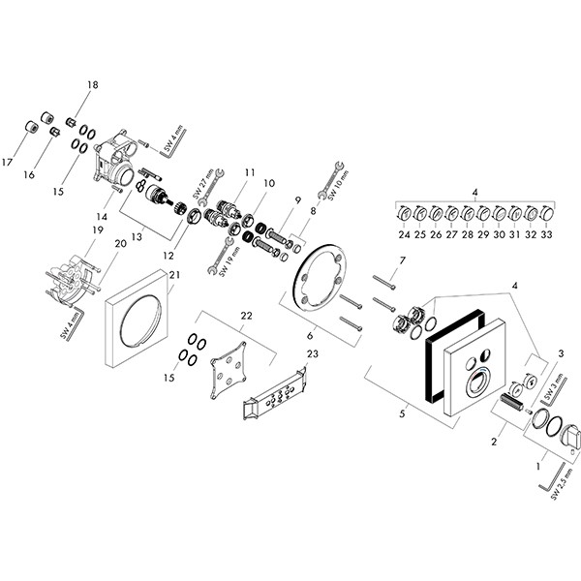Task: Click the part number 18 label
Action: click(x=93, y=86)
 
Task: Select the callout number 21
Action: click(x=175, y=277)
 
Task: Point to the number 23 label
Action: click(x=312, y=355)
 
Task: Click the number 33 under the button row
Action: click(x=548, y=233)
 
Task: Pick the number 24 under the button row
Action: click(x=403, y=233)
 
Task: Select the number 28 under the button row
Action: click(x=468, y=233)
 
